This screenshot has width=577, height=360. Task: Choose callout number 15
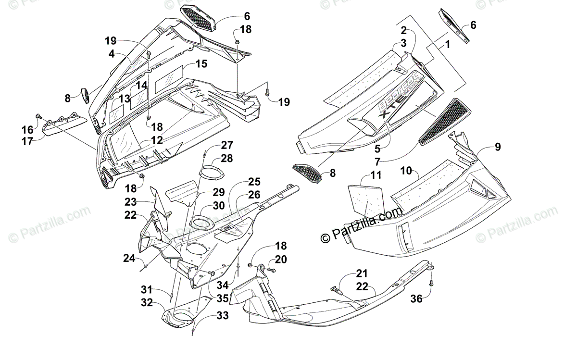coord(201,64)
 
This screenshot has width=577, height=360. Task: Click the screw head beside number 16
coord(38,116)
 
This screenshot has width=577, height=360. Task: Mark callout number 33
coord(222,316)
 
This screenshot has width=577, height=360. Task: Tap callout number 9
coord(497,147)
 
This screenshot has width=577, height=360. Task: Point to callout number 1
coord(447,46)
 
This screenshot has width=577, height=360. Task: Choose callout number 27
coord(226,145)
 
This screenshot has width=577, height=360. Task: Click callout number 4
coord(112,54)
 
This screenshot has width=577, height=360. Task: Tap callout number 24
coord(129,259)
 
